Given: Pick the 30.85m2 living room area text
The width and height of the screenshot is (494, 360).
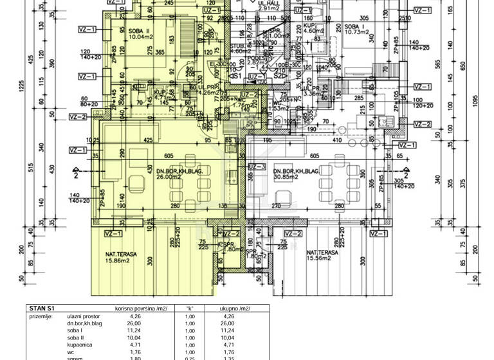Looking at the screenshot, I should pyautogui.click(x=288, y=176).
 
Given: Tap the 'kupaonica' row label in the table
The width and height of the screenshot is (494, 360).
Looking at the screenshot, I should pyautogui.click(x=82, y=345).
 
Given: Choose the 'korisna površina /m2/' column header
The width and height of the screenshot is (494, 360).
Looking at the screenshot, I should pyautogui.click(x=136, y=308).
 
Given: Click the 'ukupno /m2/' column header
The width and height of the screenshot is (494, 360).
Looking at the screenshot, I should pyautogui.click(x=235, y=308).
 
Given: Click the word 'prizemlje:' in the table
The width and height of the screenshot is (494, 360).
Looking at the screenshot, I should pyautogui.click(x=41, y=316).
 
